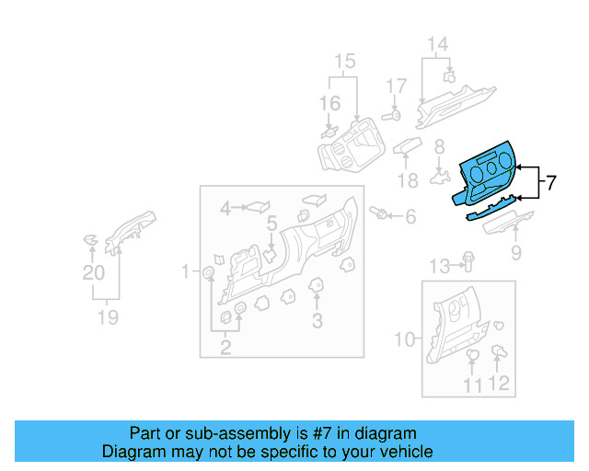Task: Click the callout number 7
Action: (x=550, y=182)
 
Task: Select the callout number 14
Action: (x=437, y=43)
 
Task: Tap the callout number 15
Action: (x=343, y=62)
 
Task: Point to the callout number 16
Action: (x=329, y=104)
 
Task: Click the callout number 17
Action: (x=395, y=86)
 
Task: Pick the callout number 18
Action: (x=408, y=178)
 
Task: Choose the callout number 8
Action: (x=439, y=146)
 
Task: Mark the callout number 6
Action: (x=410, y=216)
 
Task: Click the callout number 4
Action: (x=225, y=210)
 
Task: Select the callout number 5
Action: (x=271, y=224)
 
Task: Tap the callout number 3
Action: (x=317, y=320)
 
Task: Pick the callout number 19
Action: (x=109, y=317)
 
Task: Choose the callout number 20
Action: (x=94, y=272)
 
